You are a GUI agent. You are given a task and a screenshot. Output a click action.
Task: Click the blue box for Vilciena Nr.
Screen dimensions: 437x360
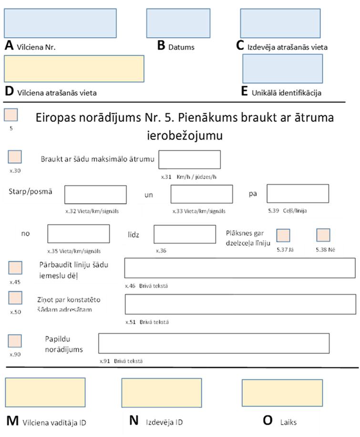coord(60,23)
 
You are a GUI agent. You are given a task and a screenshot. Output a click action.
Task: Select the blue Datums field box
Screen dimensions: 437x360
coord(178,23)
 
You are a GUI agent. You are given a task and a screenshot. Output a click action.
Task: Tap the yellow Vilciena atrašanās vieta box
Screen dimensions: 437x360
coord(74,69)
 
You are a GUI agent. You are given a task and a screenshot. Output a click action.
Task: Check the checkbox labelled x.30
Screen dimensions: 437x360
coord(15,157)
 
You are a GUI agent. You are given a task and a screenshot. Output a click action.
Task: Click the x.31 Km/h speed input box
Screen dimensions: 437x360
coord(189,160)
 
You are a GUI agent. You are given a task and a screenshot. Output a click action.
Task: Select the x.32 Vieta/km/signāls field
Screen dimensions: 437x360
coord(95,194)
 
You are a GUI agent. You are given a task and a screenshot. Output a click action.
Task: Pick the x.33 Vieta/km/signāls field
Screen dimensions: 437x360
coord(202,194)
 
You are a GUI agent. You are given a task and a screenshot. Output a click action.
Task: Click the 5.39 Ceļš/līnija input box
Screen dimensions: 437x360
coord(298,193)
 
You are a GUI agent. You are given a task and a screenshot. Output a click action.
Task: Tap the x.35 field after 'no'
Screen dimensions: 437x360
coord(79,234)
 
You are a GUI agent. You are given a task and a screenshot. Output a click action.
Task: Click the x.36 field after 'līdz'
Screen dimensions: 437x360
coord(185,234)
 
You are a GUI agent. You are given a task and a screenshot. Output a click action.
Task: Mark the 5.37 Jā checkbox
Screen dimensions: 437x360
coord(283,235)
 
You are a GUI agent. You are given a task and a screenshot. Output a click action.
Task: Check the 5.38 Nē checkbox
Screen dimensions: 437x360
coord(323,235)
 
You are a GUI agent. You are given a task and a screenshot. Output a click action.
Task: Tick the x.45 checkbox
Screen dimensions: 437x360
coord(15,268)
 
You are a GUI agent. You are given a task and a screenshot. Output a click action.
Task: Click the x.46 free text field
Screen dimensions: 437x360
coord(240,268)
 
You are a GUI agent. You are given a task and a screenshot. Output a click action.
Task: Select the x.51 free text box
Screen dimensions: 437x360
coord(240,304)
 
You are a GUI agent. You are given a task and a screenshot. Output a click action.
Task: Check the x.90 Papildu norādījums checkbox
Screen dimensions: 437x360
coord(15,341)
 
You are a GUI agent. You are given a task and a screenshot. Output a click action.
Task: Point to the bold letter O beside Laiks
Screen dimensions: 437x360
coord(268,420)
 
